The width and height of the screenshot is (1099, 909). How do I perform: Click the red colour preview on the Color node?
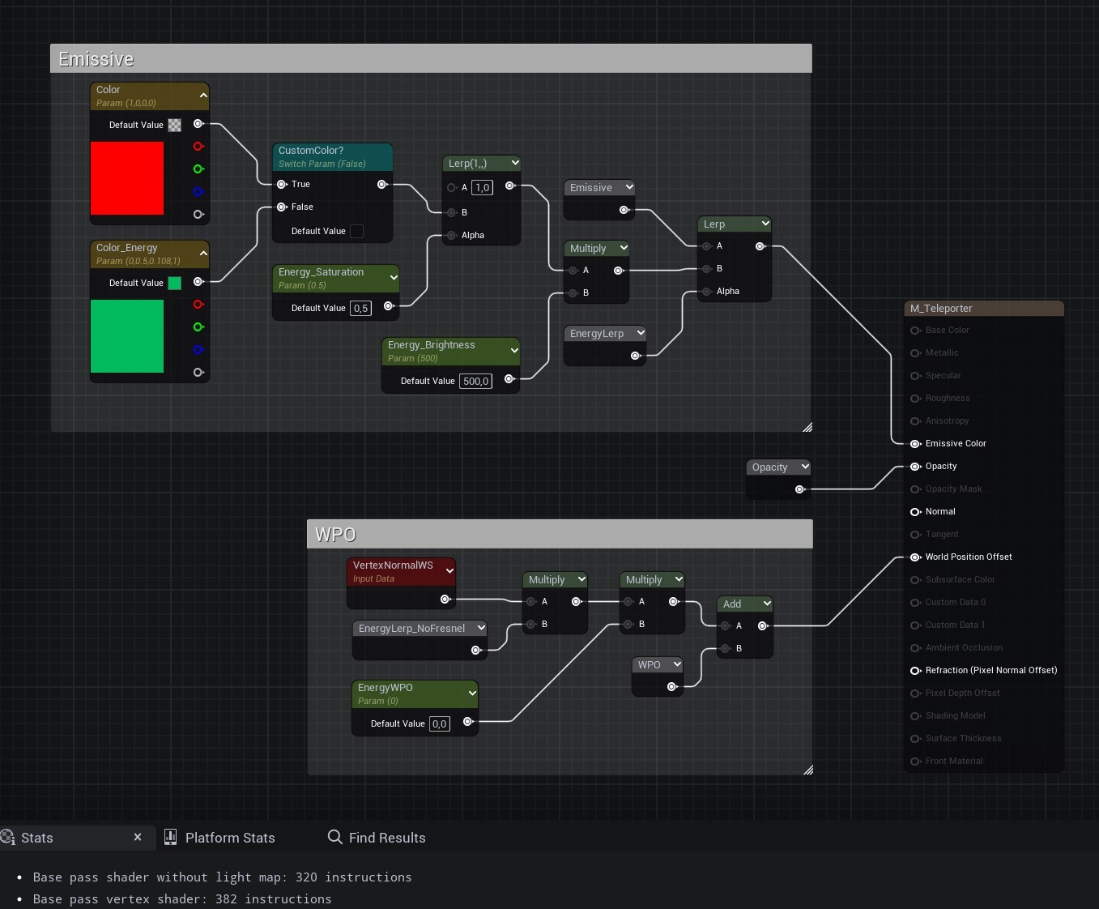click(x=127, y=178)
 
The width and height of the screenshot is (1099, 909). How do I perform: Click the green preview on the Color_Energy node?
click(x=127, y=336)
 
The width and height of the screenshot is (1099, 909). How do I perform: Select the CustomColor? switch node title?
click(x=311, y=151)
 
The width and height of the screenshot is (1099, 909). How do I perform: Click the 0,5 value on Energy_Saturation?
click(x=360, y=308)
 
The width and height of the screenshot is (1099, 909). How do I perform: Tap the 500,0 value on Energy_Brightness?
click(x=475, y=381)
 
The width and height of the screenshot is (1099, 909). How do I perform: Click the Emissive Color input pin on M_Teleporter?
click(x=915, y=443)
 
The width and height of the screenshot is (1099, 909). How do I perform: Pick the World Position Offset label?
click(x=969, y=557)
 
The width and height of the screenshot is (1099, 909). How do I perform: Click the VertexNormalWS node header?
click(x=393, y=565)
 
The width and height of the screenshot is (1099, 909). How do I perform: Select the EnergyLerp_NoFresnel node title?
click(x=411, y=629)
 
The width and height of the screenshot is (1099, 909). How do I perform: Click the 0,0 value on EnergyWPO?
click(x=439, y=723)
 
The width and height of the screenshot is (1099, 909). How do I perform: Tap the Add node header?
click(x=732, y=604)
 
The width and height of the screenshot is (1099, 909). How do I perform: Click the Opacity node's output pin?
click(x=799, y=489)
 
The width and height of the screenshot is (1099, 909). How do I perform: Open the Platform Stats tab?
click(x=229, y=838)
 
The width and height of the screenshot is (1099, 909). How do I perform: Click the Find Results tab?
click(x=386, y=838)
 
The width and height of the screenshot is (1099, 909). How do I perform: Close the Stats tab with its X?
click(x=138, y=837)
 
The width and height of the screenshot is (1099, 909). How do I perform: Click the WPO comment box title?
click(x=335, y=535)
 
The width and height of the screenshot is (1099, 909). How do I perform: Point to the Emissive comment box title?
click(x=96, y=59)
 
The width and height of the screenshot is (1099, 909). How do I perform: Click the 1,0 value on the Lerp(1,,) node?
click(x=482, y=187)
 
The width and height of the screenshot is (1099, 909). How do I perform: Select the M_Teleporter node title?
click(x=941, y=309)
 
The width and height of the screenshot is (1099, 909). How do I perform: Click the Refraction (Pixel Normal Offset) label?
click(x=990, y=670)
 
